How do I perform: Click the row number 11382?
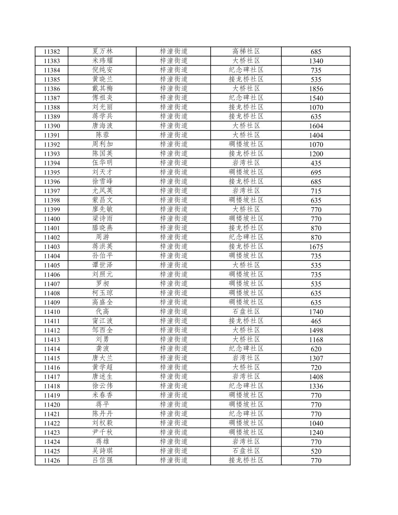pos(52,52)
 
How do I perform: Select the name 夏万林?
pos(102,51)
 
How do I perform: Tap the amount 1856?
pos(316,89)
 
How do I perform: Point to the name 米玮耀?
pos(102,61)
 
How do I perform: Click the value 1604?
pos(316,126)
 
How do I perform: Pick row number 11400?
pos(52,219)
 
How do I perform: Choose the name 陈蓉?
pos(102,135)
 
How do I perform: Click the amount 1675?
pos(316,247)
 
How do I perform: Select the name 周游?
pos(102,237)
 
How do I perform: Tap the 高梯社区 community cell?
pos(246,51)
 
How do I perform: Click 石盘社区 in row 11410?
pos(246,311)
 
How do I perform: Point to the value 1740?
pos(316,312)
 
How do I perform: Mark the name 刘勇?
pos(102,339)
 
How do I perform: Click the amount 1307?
pos(316,358)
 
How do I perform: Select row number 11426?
pos(52,461)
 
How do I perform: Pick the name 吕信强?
pos(102,460)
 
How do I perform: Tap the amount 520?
pos(316,451)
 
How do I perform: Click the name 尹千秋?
pos(102,432)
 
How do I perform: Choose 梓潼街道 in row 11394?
pos(174,163)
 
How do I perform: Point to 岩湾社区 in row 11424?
pos(246,441)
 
